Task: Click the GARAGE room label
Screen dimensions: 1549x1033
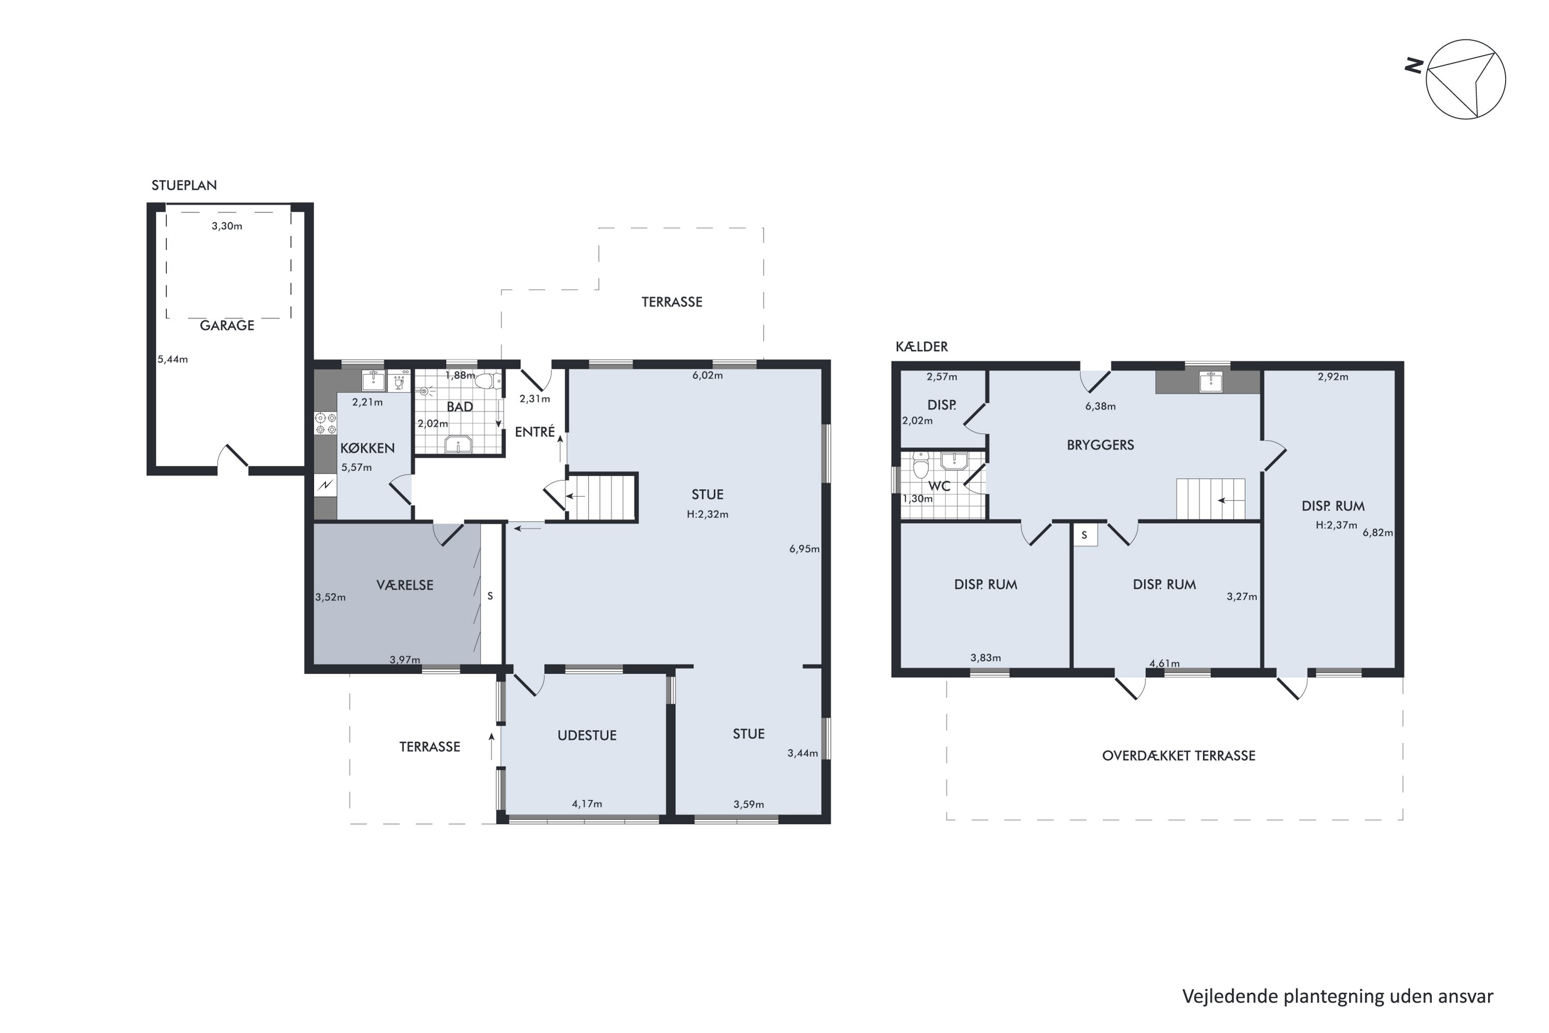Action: (227, 325)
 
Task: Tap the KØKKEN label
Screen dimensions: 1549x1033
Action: (368, 448)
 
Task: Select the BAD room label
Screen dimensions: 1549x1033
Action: (460, 407)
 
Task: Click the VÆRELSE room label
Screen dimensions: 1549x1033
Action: (404, 585)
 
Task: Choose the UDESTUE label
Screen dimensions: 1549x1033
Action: (587, 735)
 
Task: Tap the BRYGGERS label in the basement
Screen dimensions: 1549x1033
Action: (1100, 445)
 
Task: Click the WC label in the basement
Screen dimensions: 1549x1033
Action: (939, 486)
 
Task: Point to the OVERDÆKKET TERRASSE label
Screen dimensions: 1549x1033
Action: (1179, 756)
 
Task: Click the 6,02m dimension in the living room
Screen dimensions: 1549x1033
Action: (707, 375)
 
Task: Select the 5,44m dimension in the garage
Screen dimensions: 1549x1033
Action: (172, 359)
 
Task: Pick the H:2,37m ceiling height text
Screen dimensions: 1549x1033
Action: (1336, 525)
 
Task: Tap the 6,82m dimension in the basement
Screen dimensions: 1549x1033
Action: (1378, 533)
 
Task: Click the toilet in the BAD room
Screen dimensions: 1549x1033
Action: (487, 381)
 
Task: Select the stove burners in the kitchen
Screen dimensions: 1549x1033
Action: (325, 424)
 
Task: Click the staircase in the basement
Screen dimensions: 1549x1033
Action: (1211, 499)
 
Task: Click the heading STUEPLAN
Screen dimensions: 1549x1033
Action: (184, 185)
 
